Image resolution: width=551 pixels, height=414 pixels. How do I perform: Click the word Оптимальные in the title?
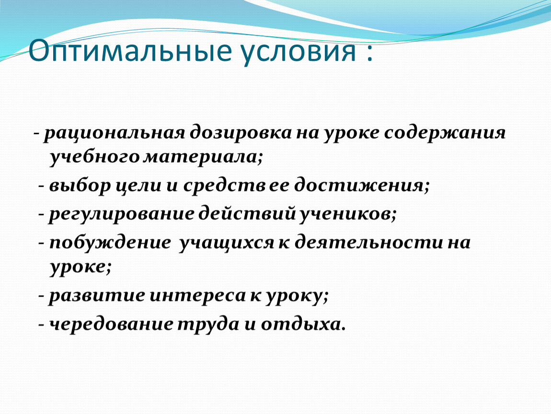pyautogui.click(x=130, y=51)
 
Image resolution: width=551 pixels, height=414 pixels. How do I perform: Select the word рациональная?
pyautogui.click(x=114, y=133)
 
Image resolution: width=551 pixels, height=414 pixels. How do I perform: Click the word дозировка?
pyautogui.click(x=241, y=132)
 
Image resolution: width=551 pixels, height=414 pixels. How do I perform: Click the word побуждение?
pyautogui.click(x=110, y=242)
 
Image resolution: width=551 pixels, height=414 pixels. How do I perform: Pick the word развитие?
pyautogui.click(x=96, y=295)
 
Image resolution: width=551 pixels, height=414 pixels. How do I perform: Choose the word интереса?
pyautogui.click(x=197, y=296)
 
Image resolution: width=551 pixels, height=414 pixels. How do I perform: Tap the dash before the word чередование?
pyautogui.click(x=42, y=325)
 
